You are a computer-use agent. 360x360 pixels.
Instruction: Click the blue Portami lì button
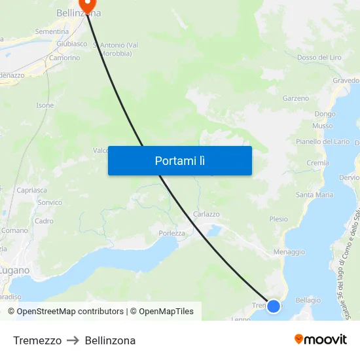click(180, 160)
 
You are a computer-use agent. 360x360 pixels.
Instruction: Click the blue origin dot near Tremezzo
click(274, 306)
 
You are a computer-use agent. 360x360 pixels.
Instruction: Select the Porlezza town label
click(172, 233)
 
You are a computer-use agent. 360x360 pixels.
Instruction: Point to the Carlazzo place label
click(206, 214)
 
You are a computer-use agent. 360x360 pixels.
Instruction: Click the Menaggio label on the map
click(289, 251)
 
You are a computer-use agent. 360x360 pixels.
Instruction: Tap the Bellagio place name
click(308, 300)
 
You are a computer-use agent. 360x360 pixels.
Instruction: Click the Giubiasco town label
click(72, 44)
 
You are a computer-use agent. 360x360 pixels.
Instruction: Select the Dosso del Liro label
click(319, 58)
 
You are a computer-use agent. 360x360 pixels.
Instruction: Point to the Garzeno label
click(296, 98)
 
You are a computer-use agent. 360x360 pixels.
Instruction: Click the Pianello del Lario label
click(323, 141)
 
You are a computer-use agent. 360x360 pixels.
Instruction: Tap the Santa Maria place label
click(315, 194)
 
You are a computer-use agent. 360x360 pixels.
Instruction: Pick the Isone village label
click(45, 105)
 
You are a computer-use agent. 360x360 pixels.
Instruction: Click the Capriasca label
click(32, 190)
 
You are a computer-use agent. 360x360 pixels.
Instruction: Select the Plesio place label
click(278, 219)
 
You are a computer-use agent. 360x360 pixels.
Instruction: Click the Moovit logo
click(321, 340)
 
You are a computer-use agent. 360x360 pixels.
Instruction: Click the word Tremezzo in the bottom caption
click(37, 340)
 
